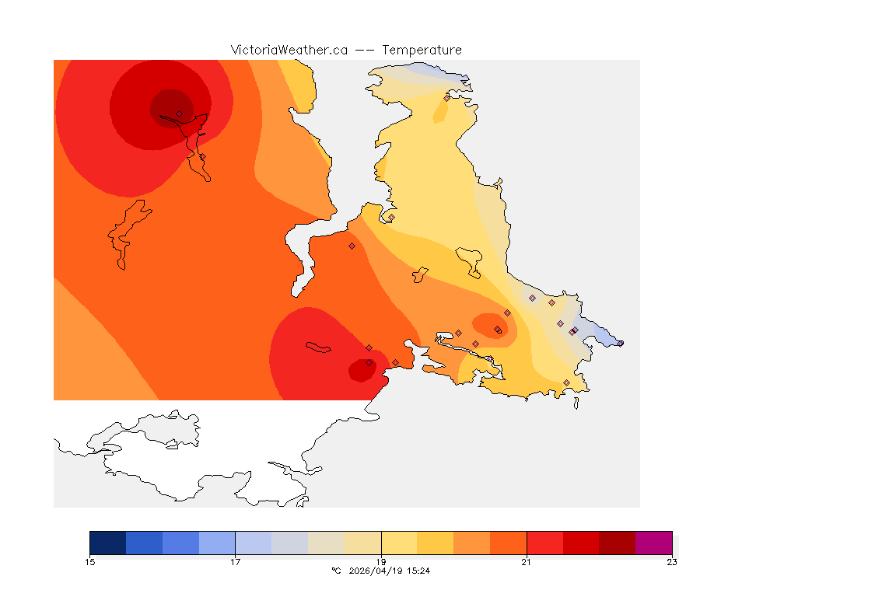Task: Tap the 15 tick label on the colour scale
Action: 89,562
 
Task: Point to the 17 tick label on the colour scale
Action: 235,562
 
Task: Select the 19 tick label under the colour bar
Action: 381,562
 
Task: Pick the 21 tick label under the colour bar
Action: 527,562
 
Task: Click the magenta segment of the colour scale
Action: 653,543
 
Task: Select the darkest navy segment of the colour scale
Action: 107,543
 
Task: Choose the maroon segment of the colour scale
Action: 618,543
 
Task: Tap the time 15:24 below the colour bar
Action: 419,571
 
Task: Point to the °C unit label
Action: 336,571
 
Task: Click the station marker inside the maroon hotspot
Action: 179,113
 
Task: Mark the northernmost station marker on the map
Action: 446,98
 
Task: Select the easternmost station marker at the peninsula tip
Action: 620,343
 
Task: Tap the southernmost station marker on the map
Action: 566,382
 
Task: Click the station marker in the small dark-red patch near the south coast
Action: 369,362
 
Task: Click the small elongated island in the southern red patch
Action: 319,347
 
